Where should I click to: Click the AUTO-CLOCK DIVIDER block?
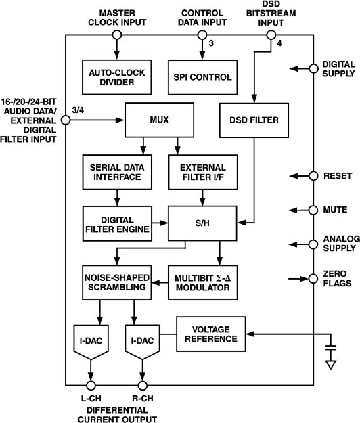tap(116, 76)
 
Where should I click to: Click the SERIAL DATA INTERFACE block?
tap(116, 172)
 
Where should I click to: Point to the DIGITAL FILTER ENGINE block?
tap(116, 223)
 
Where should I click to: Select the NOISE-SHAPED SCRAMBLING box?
tap(116, 281)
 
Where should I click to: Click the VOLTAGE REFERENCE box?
tap(210, 333)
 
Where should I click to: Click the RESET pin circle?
tap(313, 175)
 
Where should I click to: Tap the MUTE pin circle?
tap(313, 210)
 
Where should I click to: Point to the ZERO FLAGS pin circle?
tap(313, 277)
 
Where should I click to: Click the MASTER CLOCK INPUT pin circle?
tap(116, 35)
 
